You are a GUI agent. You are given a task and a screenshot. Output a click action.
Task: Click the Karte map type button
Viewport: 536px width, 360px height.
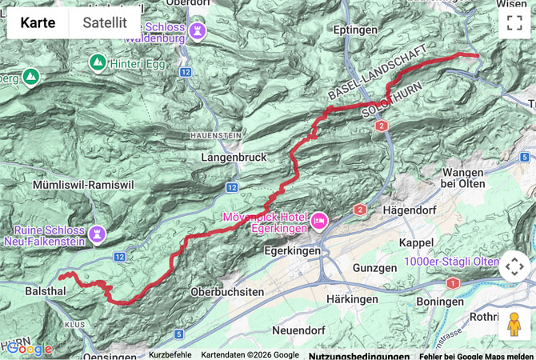(x=38, y=22)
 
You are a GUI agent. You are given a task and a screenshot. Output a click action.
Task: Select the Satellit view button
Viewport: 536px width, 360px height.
(x=105, y=22)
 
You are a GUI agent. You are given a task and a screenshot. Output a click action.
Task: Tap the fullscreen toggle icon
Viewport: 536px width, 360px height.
(x=514, y=22)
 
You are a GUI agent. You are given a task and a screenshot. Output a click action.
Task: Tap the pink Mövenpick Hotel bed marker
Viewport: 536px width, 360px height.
(x=319, y=218)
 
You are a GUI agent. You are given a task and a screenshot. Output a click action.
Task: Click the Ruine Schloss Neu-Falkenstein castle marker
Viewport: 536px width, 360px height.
(x=98, y=233)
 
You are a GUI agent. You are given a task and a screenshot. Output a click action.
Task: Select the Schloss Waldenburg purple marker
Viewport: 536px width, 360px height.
(x=198, y=31)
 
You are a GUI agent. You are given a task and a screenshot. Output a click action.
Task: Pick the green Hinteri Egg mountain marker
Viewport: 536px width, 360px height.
(x=97, y=61)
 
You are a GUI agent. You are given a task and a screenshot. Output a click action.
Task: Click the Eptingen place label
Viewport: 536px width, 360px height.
(x=356, y=30)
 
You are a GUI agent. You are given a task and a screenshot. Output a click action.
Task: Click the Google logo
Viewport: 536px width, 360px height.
(x=30, y=348)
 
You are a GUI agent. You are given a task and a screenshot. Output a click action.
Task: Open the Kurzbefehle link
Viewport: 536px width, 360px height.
(x=170, y=354)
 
